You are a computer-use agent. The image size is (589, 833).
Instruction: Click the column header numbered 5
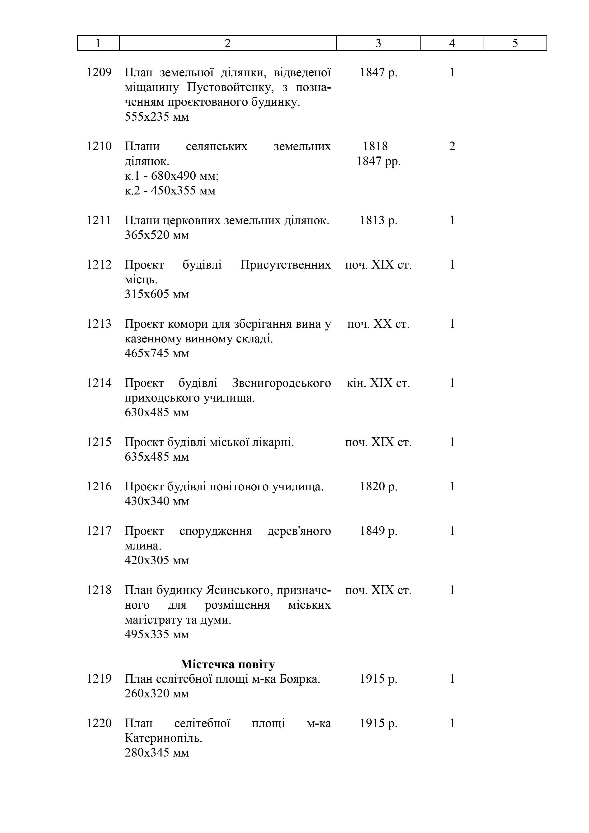coord(515,43)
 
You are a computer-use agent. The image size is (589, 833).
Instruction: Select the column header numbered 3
coord(378,43)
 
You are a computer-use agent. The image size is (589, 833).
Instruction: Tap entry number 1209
coord(99,73)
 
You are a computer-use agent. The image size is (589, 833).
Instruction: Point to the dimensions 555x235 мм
coord(157,117)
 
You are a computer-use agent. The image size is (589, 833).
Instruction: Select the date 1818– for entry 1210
coord(379,146)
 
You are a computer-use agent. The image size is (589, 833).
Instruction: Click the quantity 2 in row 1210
coord(452,146)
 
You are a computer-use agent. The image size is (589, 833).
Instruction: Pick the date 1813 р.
coord(378,220)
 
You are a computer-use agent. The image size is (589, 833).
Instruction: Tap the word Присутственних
coord(285,265)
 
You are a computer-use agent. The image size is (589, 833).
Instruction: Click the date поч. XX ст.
coord(378,324)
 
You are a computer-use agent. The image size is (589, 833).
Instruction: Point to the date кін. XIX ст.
coord(378,383)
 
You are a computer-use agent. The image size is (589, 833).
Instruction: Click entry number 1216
coord(99,487)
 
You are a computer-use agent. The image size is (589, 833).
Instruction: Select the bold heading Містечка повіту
coord(228,664)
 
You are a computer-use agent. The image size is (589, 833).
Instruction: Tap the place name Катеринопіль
coord(163,738)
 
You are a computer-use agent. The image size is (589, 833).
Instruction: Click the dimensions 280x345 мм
coord(157,753)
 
